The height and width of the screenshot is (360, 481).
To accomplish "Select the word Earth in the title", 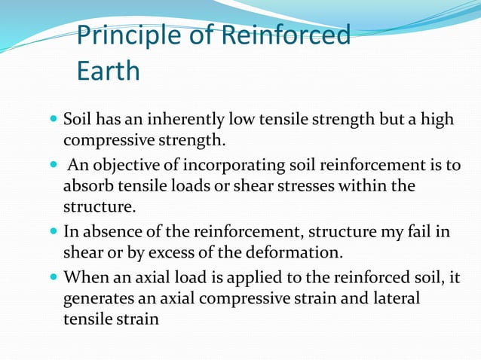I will pos(109,71).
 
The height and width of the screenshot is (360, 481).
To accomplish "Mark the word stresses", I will pos(292,185).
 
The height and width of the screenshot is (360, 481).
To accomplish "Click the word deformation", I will pos(297,252).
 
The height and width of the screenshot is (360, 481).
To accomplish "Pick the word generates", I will pos(97,298).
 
